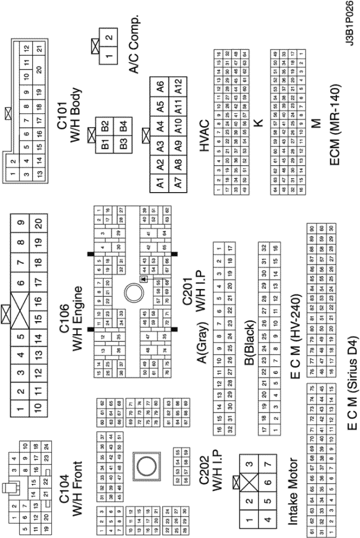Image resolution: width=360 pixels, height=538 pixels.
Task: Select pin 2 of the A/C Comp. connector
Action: click(x=109, y=38)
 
